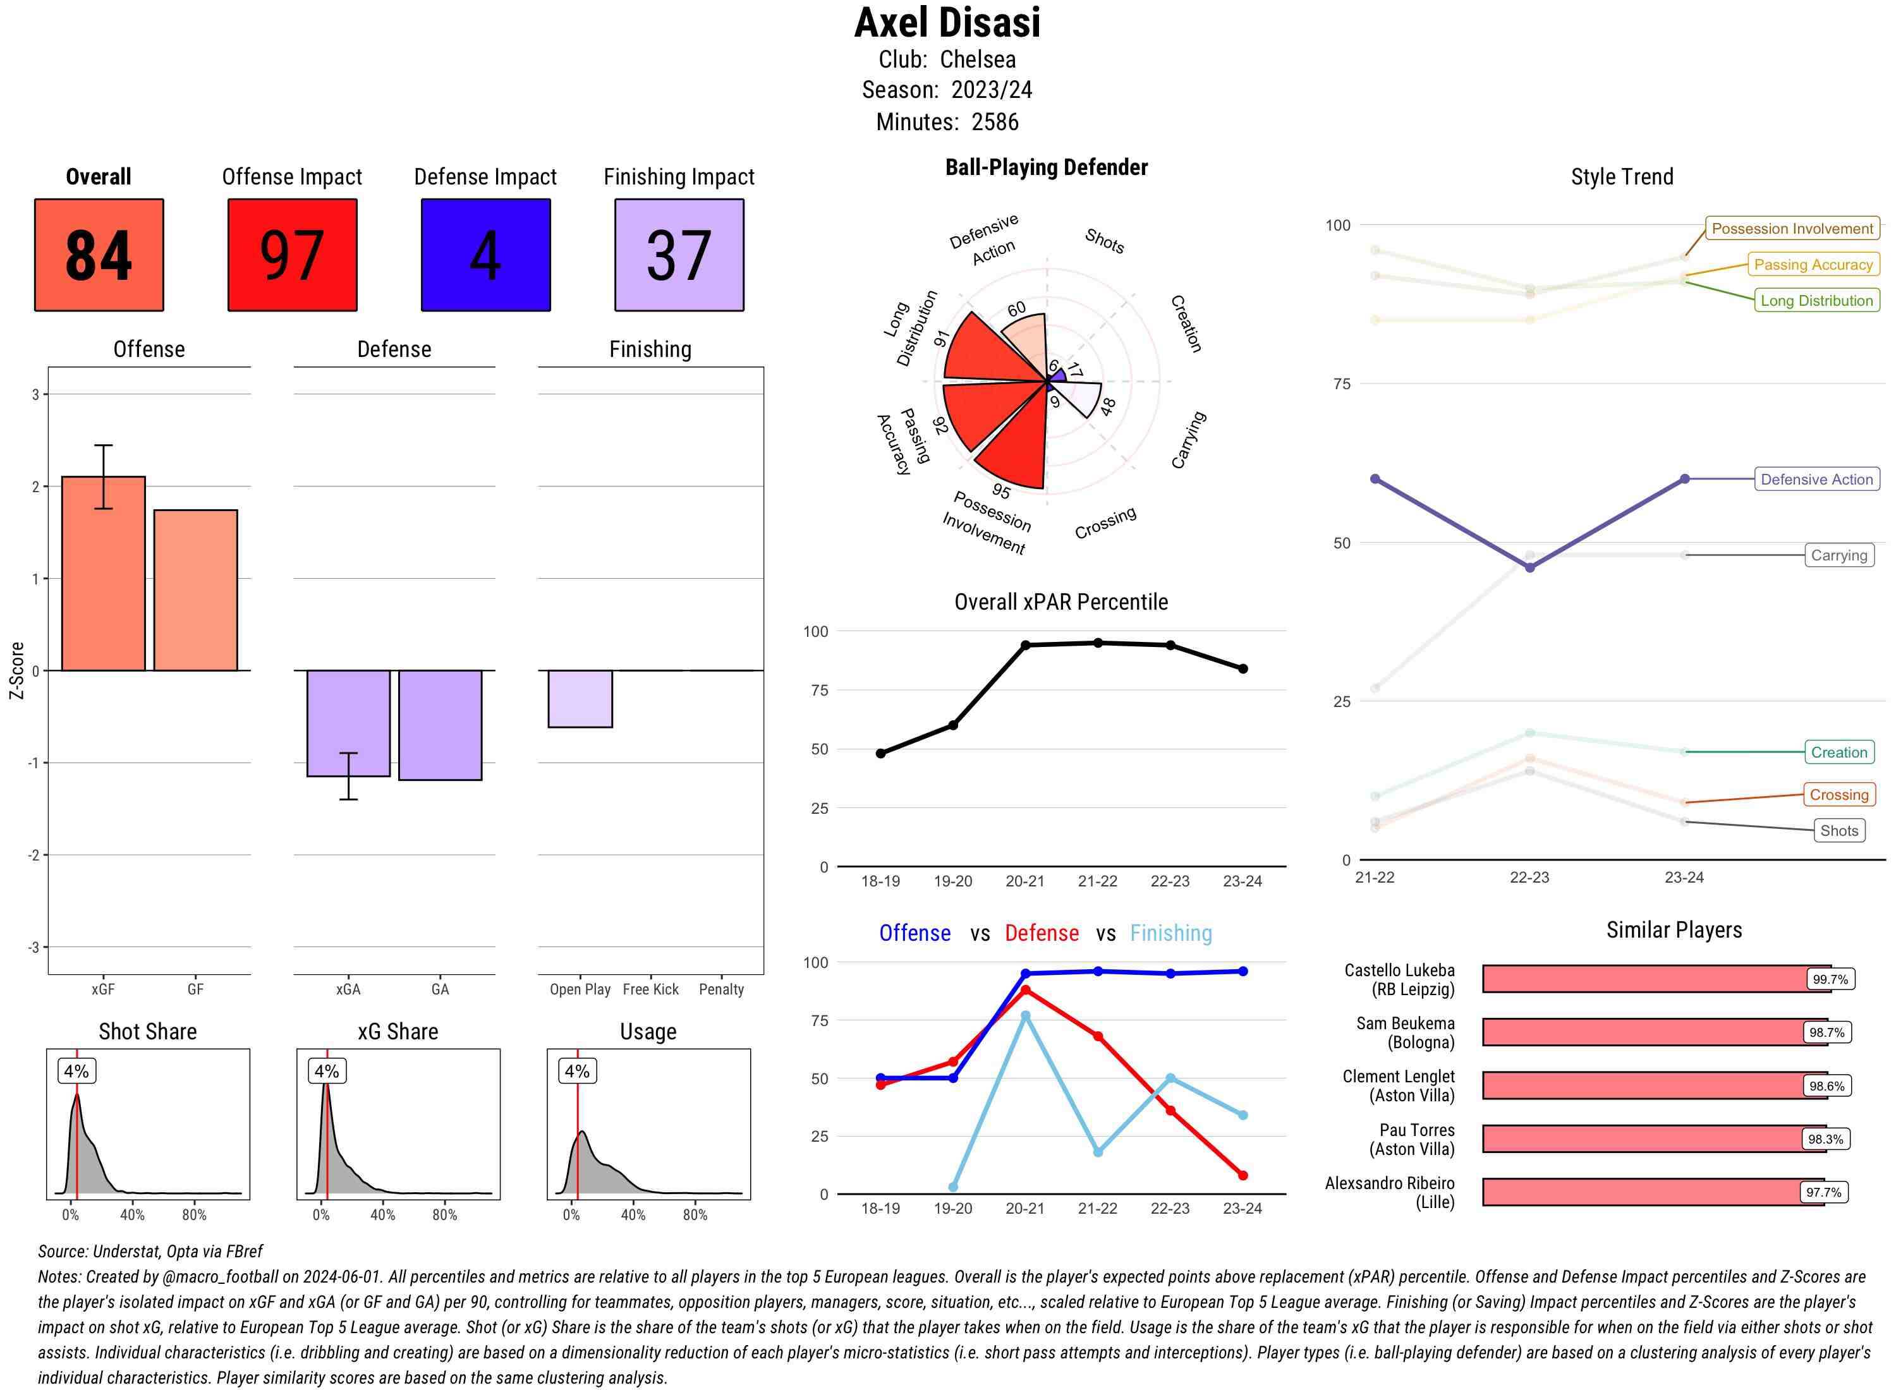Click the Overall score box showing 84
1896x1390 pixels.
coord(99,255)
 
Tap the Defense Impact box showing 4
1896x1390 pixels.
coord(485,255)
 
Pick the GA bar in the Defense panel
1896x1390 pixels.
coord(440,725)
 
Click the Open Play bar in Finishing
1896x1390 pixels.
coord(580,698)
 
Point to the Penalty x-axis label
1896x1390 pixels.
coord(721,989)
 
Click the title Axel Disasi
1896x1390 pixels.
coord(947,23)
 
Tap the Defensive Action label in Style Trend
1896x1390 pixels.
coord(1816,480)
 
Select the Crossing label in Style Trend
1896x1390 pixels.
coord(1838,794)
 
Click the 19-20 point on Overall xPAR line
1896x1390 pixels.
coord(952,725)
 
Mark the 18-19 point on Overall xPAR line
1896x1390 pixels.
coord(880,753)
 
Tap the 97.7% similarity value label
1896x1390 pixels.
coord(1823,1192)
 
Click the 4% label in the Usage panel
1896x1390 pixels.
coord(576,1071)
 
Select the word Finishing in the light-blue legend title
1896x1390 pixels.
coord(1170,933)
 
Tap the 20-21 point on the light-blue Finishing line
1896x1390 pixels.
coord(1025,1015)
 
